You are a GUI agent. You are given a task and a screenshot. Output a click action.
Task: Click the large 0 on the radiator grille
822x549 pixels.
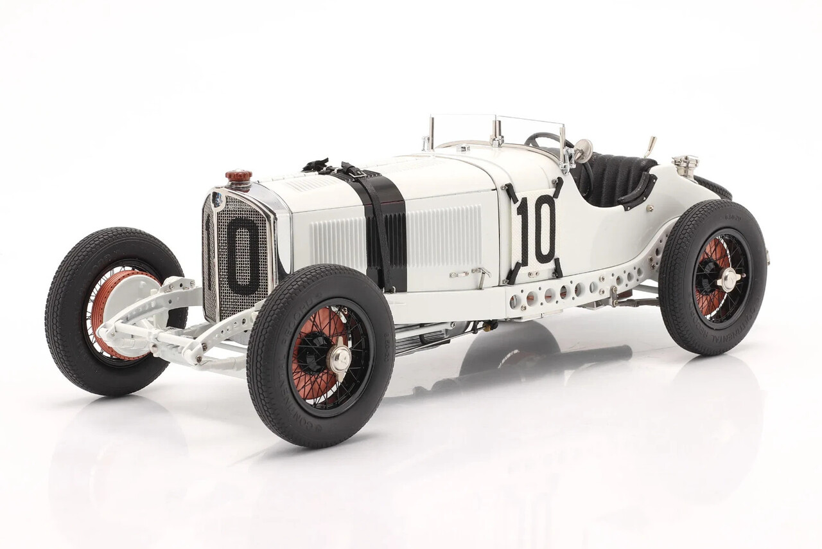(x=242, y=255)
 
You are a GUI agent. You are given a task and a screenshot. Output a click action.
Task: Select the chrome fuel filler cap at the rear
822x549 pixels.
(x=685, y=165)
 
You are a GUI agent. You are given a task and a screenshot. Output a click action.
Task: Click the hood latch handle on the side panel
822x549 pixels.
(x=478, y=274)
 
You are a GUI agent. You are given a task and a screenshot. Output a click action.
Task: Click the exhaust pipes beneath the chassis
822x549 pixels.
(x=424, y=341)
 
